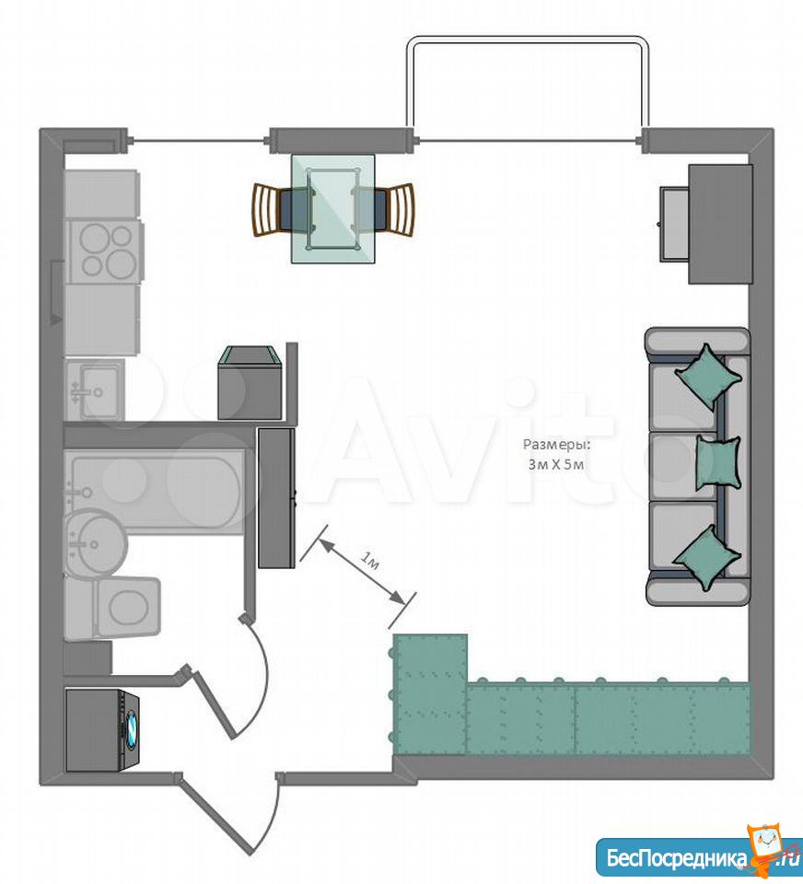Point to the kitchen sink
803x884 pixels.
pos(95,390)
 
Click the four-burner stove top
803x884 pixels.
pos(106,251)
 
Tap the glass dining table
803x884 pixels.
pos(332,209)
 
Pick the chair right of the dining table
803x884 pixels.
pos(384,209)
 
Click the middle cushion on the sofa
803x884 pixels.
pos(718,461)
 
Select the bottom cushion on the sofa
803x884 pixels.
pos(707,558)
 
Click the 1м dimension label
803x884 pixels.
pos(369,562)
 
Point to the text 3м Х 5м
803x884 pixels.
pos(556,464)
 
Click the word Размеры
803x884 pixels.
pos(556,445)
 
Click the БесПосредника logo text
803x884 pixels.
pos(677,857)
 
